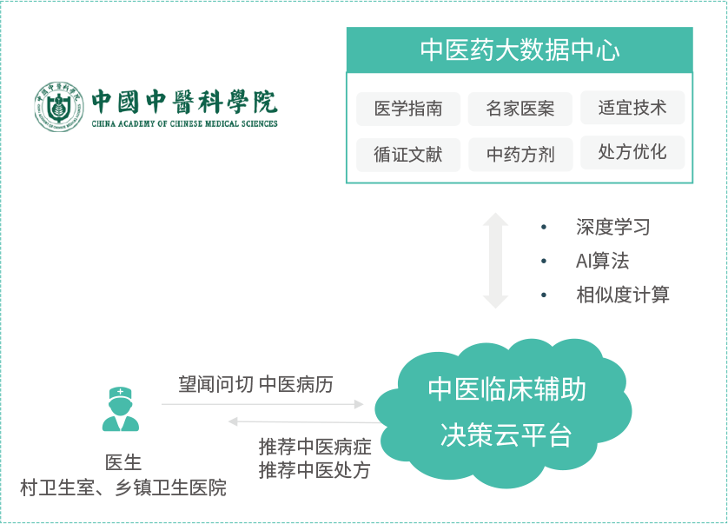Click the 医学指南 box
(x=407, y=109)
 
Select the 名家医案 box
(x=520, y=109)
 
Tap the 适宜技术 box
(x=632, y=108)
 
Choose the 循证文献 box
(x=407, y=155)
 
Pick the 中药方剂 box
(x=520, y=155)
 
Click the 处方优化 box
(x=632, y=153)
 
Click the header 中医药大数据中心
(x=520, y=50)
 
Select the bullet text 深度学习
(x=612, y=228)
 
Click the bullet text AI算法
(x=602, y=261)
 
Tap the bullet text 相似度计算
(x=623, y=295)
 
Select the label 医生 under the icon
(x=122, y=462)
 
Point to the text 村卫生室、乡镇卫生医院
(x=122, y=488)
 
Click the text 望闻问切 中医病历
(x=255, y=384)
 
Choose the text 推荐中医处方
(x=314, y=470)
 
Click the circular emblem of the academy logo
(x=58, y=107)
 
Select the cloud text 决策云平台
(x=506, y=434)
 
